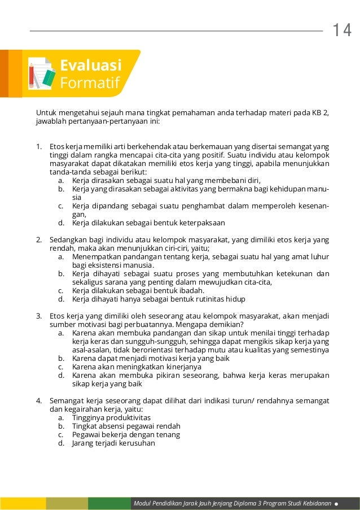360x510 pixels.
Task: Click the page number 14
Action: tap(341, 30)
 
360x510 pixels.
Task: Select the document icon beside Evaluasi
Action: tap(42, 73)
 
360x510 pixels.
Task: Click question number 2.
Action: tap(39, 239)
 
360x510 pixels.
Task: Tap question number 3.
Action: tap(39, 315)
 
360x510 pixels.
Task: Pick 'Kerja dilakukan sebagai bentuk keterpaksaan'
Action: tap(148, 223)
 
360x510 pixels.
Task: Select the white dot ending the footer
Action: tap(337, 503)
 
